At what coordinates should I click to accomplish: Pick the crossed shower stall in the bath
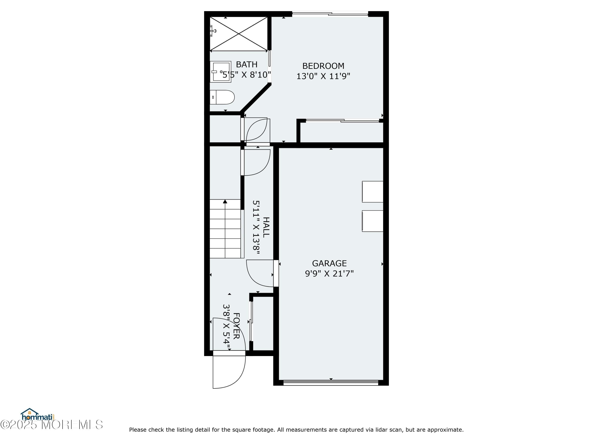238,34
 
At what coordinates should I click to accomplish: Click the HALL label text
266,227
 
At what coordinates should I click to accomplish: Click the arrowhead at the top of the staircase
225,202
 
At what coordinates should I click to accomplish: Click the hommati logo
38,415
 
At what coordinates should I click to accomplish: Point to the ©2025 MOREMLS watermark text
51,425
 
